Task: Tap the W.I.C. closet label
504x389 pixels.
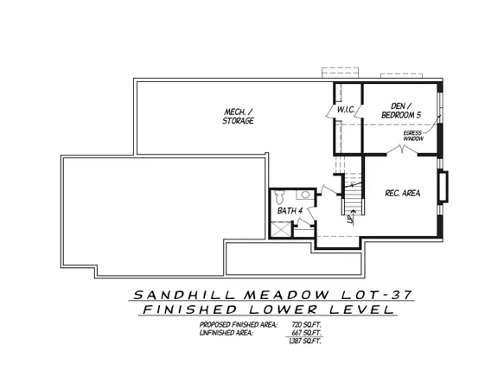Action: (x=348, y=109)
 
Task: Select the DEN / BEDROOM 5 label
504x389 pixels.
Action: (x=401, y=110)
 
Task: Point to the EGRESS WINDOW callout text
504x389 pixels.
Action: (x=414, y=135)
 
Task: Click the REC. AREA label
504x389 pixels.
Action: (x=402, y=194)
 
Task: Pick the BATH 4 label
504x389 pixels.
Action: (x=287, y=211)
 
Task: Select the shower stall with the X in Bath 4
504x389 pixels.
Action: (x=280, y=229)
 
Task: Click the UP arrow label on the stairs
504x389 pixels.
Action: (x=349, y=217)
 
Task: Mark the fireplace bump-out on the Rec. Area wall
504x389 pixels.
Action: (x=443, y=187)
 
